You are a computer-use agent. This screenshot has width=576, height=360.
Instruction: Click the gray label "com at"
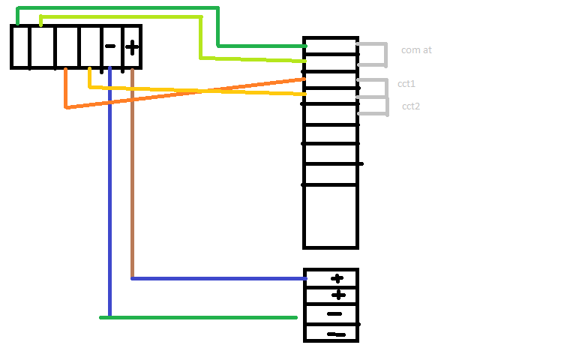pos(416,50)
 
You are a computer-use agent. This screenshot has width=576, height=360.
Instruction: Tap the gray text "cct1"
pos(406,84)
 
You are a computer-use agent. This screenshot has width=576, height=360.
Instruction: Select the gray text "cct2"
pos(411,106)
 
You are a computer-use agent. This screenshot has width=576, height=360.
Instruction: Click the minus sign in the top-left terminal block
pos(110,46)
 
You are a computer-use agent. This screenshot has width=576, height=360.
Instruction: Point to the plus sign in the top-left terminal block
pos(132,47)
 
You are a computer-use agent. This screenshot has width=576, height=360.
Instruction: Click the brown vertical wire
pos(132,172)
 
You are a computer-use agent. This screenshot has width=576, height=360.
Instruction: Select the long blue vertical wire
pos(109,191)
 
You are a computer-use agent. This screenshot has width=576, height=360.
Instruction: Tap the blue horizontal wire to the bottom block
pos(219,279)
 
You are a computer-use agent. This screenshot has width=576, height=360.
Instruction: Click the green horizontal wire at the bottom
pos(198,317)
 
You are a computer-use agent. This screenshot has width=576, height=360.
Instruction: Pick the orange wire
pos(184,92)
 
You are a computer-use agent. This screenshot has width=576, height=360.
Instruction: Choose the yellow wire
pos(198,90)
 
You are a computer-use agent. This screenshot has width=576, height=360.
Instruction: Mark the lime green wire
pos(200,37)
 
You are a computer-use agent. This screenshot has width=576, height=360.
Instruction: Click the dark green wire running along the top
pos(217,25)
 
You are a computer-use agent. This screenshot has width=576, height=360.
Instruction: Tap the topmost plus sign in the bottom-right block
pos(337,278)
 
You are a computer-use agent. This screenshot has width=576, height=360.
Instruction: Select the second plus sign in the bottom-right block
pos(338,295)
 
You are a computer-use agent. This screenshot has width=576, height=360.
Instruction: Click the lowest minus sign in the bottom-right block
pos(337,334)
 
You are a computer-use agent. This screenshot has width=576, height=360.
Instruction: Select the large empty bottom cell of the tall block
pos(331,216)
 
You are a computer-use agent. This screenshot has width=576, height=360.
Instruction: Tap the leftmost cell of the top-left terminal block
pos(20,46)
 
